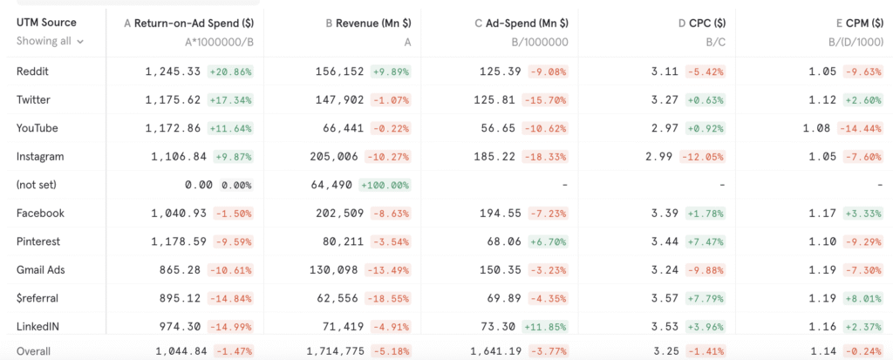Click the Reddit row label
tap(31, 71)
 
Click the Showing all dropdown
tap(51, 41)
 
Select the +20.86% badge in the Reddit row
tap(230, 71)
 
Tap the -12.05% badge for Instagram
tap(702, 157)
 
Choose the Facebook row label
tap(40, 213)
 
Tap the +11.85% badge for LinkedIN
tap(546, 327)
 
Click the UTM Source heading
tap(46, 22)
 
